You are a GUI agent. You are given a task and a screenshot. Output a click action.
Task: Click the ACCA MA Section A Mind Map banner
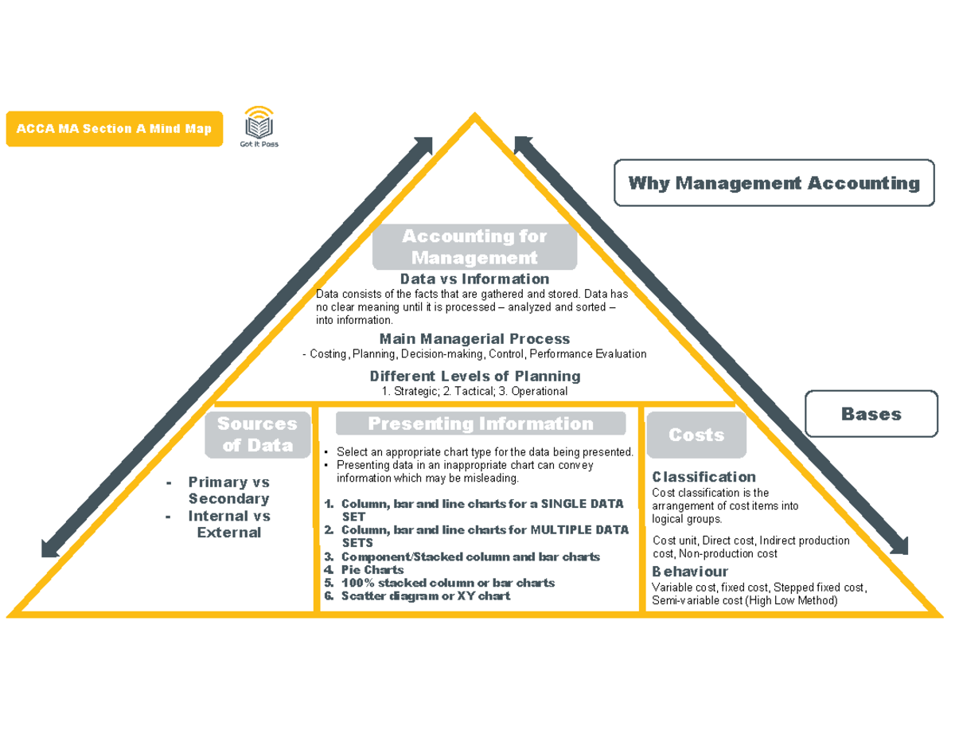click(113, 129)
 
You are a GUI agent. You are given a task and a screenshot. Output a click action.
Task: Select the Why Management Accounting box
click(774, 184)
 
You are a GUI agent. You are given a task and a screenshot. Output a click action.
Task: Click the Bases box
click(871, 414)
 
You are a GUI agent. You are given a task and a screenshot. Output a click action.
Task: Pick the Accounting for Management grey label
click(474, 247)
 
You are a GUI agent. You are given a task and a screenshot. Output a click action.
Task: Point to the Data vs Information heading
click(474, 279)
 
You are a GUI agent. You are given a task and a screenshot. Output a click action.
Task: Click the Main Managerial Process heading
click(474, 338)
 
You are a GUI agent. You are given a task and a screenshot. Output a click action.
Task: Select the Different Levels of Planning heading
click(475, 376)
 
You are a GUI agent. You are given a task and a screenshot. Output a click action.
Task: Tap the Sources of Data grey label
click(258, 435)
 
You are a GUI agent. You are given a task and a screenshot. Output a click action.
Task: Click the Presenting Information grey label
click(480, 424)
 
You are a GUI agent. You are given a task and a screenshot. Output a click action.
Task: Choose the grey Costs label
click(696, 435)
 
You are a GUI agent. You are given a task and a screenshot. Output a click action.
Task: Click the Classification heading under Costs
click(704, 477)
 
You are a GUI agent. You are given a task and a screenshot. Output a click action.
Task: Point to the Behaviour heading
click(689, 572)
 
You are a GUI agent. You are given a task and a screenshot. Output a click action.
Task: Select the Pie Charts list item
click(372, 570)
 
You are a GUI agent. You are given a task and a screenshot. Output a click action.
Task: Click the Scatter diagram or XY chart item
click(425, 595)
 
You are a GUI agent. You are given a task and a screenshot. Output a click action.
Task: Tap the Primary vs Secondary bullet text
click(228, 490)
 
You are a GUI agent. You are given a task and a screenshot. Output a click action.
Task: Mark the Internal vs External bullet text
click(228, 524)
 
